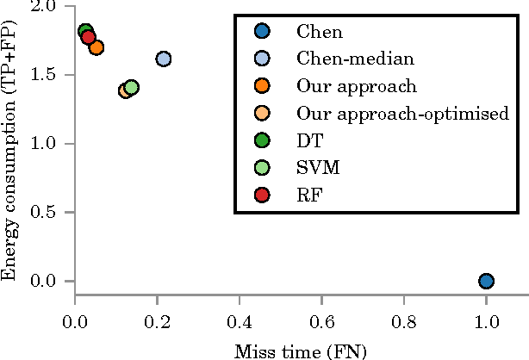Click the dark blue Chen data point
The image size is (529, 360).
486,281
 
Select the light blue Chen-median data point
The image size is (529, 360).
164,59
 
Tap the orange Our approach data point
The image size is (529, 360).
96,47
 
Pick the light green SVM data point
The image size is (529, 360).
131,87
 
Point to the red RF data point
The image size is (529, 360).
88,37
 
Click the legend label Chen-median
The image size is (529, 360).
342,59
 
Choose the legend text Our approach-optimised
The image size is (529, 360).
385,113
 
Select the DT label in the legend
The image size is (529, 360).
308,140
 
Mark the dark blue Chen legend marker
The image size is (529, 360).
263,32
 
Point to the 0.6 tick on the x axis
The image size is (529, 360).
321,323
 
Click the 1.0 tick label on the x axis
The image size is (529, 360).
486,323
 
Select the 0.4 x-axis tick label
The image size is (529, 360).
240,323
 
